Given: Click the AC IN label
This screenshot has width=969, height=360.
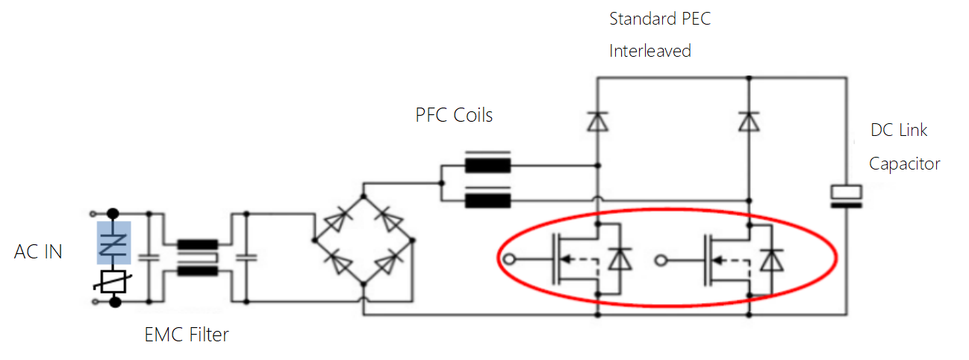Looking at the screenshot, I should [x=38, y=252].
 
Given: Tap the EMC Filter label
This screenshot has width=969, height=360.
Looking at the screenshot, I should [x=186, y=334].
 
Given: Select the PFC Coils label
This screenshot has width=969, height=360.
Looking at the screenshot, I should [x=454, y=115].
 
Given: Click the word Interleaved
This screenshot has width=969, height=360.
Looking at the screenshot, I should [x=649, y=51].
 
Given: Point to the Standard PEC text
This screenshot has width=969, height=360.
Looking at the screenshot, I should [x=660, y=19].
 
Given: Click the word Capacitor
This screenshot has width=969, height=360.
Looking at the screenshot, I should [x=904, y=164].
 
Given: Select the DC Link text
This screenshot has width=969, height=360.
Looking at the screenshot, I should [x=899, y=130].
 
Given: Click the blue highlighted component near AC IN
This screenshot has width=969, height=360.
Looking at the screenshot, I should [x=114, y=242].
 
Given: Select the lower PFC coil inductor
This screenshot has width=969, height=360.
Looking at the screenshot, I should [x=487, y=200].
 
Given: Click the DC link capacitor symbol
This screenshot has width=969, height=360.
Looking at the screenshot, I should [x=847, y=194].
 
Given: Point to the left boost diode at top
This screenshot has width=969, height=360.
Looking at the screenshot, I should [x=596, y=120].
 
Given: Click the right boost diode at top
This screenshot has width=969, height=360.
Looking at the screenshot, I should [x=749, y=120].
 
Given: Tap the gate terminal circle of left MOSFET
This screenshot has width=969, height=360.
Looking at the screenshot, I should [x=509, y=260].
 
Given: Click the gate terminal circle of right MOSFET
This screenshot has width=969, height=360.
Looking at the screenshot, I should [x=660, y=260].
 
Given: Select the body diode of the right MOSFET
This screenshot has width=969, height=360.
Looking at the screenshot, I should [x=770, y=259].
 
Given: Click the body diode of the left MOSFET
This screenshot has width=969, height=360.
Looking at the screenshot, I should [x=618, y=259].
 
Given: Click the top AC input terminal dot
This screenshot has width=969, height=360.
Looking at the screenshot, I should [x=114, y=213].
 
